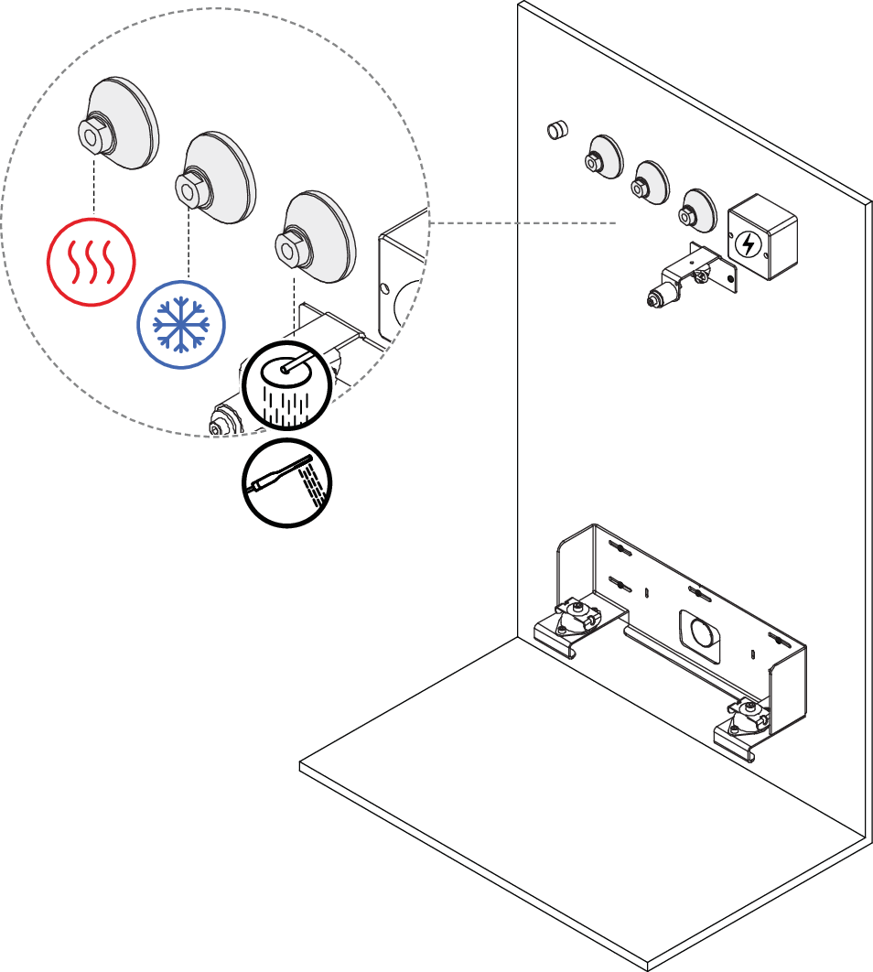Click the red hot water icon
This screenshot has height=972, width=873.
92,262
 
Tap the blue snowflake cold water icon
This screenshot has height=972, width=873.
180,325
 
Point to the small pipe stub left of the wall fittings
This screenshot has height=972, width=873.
554,130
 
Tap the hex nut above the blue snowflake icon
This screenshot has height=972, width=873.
189,190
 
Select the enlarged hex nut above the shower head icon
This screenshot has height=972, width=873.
290,246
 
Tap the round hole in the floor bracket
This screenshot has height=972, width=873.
701,632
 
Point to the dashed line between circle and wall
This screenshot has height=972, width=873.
522,222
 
